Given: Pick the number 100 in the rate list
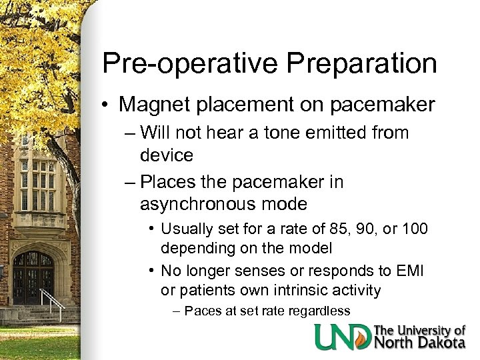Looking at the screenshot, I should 415,229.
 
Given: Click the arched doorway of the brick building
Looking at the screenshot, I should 33,277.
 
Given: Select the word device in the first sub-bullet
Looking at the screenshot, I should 166,156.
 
